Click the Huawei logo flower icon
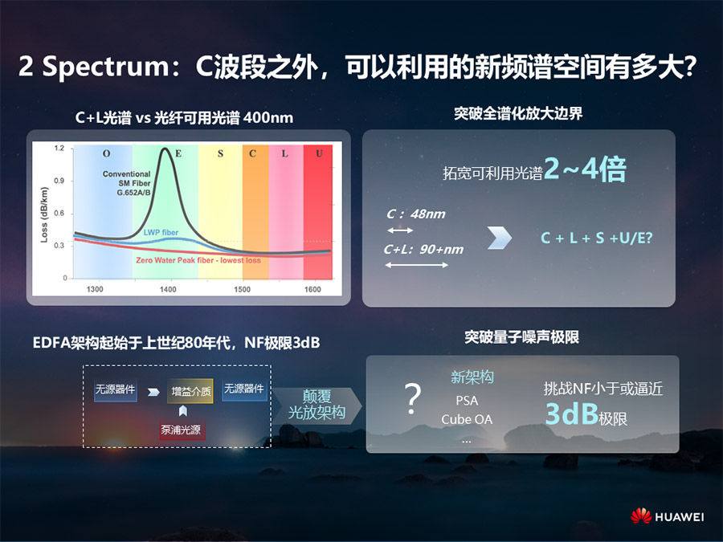click(641, 516)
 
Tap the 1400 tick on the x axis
click(168, 289)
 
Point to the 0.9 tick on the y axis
click(59, 181)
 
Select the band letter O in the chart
click(107, 153)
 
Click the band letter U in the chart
click(319, 153)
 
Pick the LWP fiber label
click(161, 232)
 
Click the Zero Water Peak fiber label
click(198, 260)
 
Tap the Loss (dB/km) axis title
click(44, 214)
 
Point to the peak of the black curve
click(165, 149)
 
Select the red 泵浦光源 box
click(181, 430)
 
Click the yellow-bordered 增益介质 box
click(190, 391)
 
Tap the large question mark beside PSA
click(413, 399)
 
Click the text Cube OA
click(467, 419)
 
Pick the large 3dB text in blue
click(572, 414)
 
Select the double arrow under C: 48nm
click(400, 230)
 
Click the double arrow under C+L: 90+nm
click(417, 265)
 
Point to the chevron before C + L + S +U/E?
click(500, 238)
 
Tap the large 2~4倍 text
click(585, 169)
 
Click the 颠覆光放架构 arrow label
click(317, 404)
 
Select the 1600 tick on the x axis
click(312, 289)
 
